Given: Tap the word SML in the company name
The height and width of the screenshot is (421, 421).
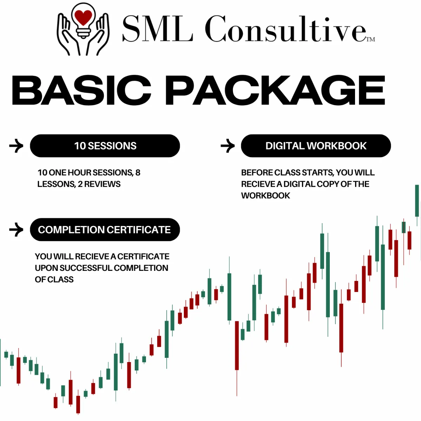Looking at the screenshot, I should (157, 29).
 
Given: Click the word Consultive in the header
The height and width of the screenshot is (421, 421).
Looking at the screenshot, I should (285, 29).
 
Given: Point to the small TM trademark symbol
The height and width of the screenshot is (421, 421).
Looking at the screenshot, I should (370, 39).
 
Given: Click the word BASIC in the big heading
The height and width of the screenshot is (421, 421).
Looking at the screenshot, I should (81, 90).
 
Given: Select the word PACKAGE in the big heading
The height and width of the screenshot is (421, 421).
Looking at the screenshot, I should (275, 90).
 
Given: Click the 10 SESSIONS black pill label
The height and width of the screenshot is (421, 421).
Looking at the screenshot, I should (105, 146).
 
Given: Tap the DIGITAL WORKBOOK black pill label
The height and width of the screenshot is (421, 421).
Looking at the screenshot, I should (316, 146).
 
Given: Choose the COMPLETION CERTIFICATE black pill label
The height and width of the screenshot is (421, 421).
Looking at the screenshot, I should (105, 229).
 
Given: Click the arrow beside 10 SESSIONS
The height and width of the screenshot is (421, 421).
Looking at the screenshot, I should (16, 146).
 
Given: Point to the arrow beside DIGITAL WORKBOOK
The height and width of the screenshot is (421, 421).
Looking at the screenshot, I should (228, 146).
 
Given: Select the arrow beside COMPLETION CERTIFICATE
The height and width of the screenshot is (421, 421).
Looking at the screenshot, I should (16, 229).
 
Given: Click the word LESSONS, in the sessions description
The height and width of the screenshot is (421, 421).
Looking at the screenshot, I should (56, 184).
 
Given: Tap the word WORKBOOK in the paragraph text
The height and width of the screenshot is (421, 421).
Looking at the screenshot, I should (266, 196).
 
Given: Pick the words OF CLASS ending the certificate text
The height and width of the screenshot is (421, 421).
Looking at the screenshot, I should (54, 280).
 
